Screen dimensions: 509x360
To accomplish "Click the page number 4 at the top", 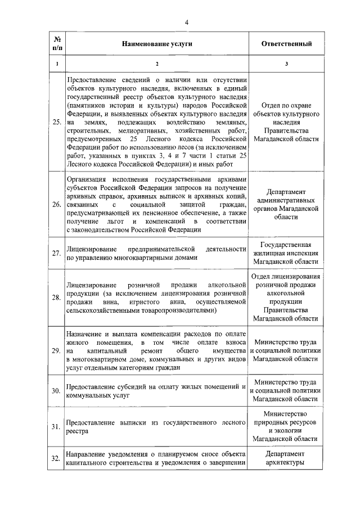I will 186,22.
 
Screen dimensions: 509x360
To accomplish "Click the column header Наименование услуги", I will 157,44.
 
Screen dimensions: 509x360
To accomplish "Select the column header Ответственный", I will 286,44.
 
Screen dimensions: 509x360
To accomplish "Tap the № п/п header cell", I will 57,44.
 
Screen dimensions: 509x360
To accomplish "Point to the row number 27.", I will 57,253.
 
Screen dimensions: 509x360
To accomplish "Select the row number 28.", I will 57,298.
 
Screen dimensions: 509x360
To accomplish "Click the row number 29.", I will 57,351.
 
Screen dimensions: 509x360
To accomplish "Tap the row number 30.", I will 57,391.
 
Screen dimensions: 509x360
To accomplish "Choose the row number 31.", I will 57,427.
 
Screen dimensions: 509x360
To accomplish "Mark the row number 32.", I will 57,458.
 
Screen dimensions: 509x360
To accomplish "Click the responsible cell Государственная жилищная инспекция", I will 286,253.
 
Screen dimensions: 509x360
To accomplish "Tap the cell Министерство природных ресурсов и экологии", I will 286,427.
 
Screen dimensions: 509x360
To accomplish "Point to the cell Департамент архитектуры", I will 286,458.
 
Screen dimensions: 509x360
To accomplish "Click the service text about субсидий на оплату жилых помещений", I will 157,391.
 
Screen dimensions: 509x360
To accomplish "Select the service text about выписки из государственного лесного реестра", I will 157,427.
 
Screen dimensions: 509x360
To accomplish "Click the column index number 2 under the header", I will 157,63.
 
